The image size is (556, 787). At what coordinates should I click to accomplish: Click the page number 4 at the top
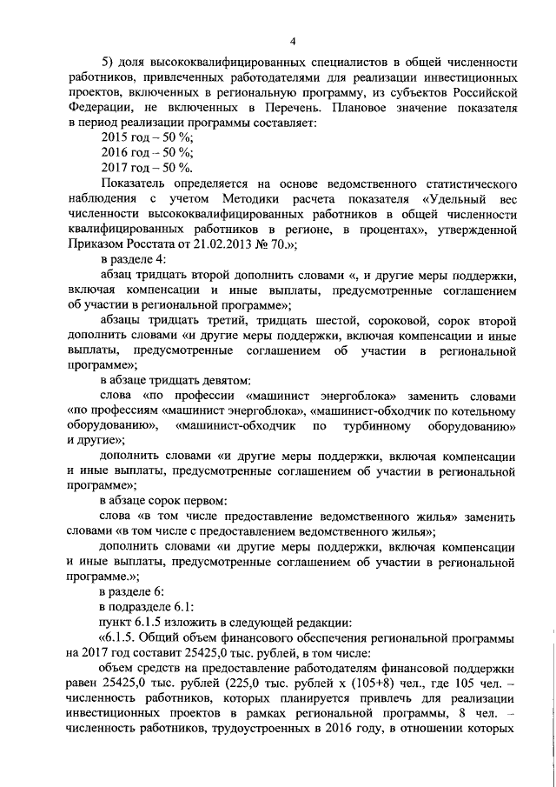292,40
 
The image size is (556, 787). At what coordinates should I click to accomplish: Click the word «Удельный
455,199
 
